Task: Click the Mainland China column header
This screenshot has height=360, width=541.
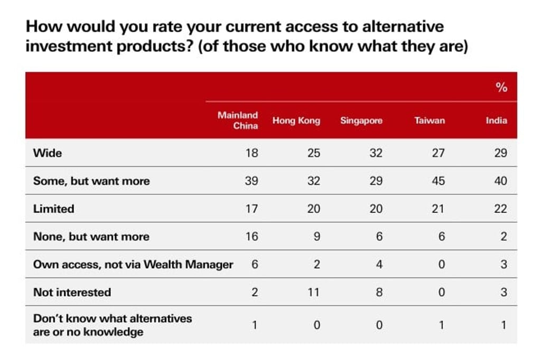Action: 238,120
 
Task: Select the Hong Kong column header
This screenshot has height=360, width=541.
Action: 296,121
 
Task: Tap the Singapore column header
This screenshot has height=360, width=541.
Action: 361,121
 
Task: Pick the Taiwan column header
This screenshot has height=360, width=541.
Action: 430,121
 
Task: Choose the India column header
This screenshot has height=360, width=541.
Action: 496,121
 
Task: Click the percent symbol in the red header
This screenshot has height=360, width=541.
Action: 501,88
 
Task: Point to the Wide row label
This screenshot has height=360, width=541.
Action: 48,153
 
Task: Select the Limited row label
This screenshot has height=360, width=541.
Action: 53,209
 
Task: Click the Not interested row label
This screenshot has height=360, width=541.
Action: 72,292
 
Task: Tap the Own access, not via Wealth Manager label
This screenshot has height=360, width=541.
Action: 133,264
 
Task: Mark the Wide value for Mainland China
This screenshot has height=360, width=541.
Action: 251,153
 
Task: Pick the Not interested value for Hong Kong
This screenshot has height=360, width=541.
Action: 313,292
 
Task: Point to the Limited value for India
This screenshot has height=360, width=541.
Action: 500,209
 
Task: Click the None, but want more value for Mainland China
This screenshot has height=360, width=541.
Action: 251,236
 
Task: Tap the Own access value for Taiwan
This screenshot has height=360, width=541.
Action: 441,264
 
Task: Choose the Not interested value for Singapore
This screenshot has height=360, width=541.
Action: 379,292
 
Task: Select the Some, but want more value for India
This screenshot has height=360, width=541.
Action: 500,181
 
